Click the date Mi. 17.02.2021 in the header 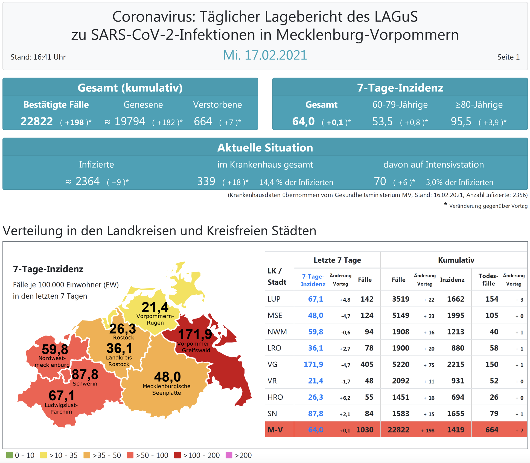pyautogui.click(x=265, y=55)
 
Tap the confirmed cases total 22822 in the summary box pyautogui.click(x=37, y=121)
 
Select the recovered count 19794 pyautogui.click(x=130, y=121)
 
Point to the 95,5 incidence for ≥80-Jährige pyautogui.click(x=461, y=121)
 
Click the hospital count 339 pyautogui.click(x=206, y=182)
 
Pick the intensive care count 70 pyautogui.click(x=380, y=182)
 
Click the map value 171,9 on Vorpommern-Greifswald pyautogui.click(x=195, y=334)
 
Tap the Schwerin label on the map pyautogui.click(x=85, y=384)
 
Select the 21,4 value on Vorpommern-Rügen pyautogui.click(x=155, y=307)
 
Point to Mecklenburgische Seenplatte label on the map pyautogui.click(x=167, y=390)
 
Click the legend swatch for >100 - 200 pyautogui.click(x=177, y=455)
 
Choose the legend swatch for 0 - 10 pyautogui.click(x=10, y=455)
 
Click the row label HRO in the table pyautogui.click(x=275, y=397)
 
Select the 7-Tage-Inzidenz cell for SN pyautogui.click(x=315, y=414)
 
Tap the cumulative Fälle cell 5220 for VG pyautogui.click(x=401, y=364)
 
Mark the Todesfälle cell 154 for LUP pyautogui.click(x=491, y=299)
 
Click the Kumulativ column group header pyautogui.click(x=456, y=260)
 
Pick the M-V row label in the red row pyautogui.click(x=275, y=430)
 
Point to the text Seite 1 pyautogui.click(x=508, y=57)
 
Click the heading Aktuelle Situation pyautogui.click(x=265, y=148)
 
